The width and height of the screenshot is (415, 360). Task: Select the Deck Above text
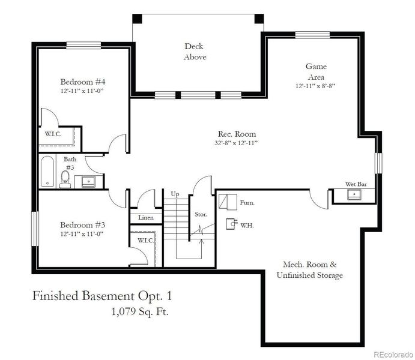point(195,52)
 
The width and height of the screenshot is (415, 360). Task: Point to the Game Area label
point(315,72)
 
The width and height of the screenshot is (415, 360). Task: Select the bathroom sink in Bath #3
point(88,181)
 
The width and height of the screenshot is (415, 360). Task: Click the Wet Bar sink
point(355,194)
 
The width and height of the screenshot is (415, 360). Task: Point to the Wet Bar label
point(354,184)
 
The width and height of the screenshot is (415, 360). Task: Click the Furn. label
point(247,203)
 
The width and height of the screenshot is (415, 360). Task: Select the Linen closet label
point(145,217)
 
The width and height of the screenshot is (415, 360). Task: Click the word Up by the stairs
point(175,194)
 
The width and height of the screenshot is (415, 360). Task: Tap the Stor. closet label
point(201,214)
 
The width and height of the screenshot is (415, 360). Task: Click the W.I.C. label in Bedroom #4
point(54,133)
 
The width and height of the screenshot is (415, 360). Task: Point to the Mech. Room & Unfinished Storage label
point(309,269)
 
